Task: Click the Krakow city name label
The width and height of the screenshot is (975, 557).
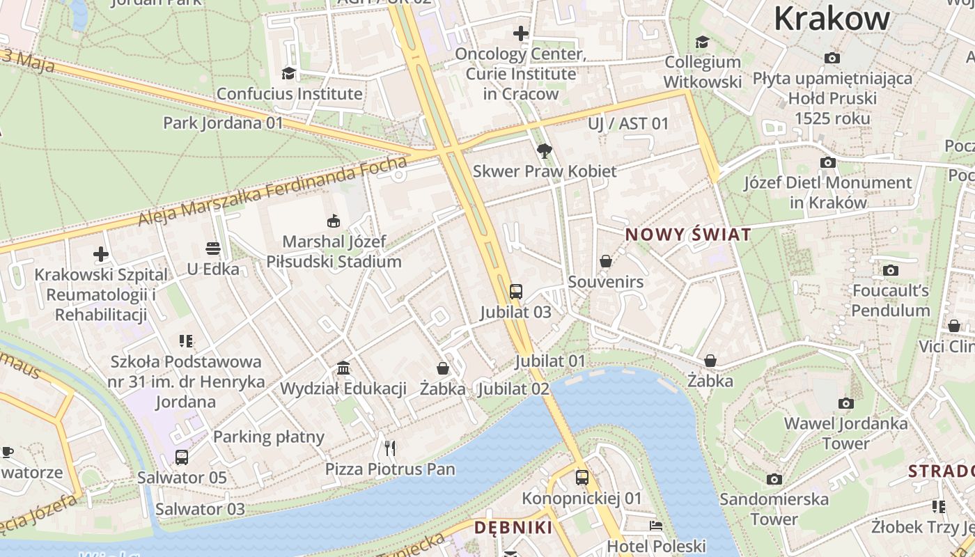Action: click(x=832, y=18)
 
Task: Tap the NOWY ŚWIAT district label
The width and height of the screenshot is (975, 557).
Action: click(x=688, y=235)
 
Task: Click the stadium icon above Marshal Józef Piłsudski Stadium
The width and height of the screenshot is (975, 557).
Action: click(x=334, y=221)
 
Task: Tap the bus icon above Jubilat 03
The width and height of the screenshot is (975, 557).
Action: click(x=515, y=292)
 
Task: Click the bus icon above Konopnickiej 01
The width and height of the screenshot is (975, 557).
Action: click(x=582, y=478)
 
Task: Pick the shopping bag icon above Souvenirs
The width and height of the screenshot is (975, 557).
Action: click(x=606, y=261)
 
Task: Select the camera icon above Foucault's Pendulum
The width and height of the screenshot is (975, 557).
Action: click(x=890, y=270)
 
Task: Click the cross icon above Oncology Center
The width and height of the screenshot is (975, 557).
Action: click(x=520, y=33)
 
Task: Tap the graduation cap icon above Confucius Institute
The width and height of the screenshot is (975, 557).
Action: click(x=288, y=73)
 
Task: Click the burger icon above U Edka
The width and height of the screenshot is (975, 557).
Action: click(x=213, y=249)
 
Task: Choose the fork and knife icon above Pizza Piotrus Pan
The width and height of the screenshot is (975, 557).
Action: click(x=390, y=448)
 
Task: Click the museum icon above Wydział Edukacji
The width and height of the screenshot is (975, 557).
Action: click(x=343, y=368)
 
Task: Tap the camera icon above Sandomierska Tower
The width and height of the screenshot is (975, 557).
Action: click(x=774, y=479)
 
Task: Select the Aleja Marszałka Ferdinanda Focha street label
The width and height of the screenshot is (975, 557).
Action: click(x=272, y=193)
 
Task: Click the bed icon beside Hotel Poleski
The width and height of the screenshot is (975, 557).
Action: click(x=656, y=526)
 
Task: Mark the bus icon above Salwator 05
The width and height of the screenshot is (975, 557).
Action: click(x=182, y=457)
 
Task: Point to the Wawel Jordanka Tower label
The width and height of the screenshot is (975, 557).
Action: click(x=845, y=433)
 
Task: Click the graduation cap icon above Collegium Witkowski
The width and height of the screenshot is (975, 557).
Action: click(x=702, y=42)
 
